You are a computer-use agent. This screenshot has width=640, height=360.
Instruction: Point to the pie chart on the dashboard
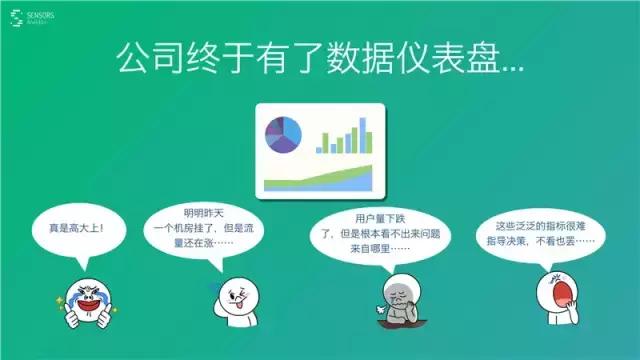284,136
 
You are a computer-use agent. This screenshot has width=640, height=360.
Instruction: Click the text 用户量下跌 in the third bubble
378,217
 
